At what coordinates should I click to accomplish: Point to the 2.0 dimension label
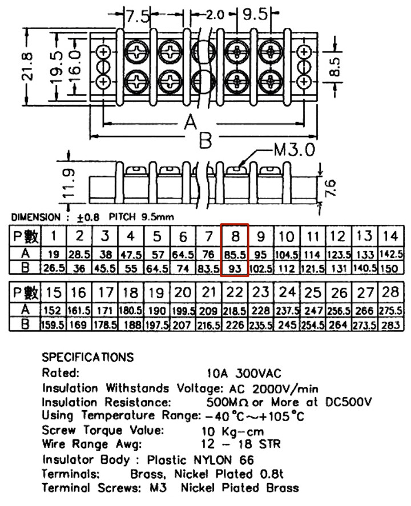(215, 15)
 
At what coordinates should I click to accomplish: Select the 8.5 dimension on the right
(335, 67)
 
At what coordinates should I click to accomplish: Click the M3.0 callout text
(295, 149)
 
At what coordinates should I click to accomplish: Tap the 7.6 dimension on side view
(331, 188)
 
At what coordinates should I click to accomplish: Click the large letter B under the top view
(205, 140)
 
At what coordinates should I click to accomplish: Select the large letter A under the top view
(191, 122)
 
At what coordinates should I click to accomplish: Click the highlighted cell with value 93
(235, 269)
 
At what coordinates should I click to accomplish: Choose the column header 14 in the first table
(390, 236)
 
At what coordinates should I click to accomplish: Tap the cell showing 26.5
(54, 269)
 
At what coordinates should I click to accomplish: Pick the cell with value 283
(390, 325)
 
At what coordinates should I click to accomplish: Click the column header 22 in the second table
(235, 293)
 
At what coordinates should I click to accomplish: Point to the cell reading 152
(53, 311)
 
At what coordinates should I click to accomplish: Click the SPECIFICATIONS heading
(87, 357)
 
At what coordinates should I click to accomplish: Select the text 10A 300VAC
(244, 374)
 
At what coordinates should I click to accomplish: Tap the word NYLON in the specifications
(213, 460)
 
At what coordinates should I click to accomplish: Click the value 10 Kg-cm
(233, 431)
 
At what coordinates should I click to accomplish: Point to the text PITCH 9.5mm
(141, 217)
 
